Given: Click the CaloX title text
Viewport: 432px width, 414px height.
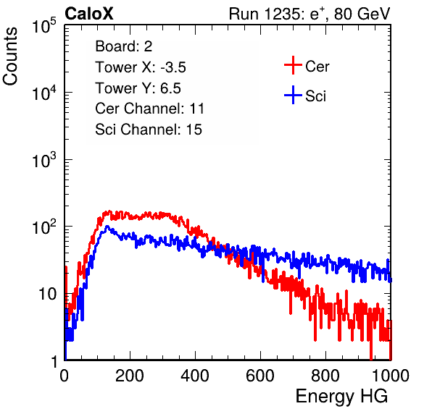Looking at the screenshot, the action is coord(89,14).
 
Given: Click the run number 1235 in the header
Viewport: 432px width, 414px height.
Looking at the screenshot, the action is coord(281,14).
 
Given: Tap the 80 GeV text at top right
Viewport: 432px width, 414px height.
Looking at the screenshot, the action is coord(362,14).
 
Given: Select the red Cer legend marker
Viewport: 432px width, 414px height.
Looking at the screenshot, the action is coord(293,65).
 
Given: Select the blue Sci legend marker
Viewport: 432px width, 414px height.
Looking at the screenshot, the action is coord(293,95).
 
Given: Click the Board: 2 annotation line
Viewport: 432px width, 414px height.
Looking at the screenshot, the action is coord(124,46).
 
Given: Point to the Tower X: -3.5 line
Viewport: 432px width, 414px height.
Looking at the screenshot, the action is coord(141,67).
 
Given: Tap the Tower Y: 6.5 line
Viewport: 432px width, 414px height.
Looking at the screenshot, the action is coord(138,88).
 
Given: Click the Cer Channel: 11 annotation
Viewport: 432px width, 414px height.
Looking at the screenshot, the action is coord(149,109).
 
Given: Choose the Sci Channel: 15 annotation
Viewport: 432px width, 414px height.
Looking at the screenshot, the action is coord(149,130).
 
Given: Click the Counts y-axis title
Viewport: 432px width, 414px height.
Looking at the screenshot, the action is coord(10,56).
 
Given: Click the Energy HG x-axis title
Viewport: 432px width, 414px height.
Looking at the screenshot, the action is coord(341,397).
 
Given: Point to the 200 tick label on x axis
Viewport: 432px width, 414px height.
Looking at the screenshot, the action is coord(130,376).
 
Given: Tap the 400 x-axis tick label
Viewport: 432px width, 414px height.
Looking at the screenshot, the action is coord(195,376).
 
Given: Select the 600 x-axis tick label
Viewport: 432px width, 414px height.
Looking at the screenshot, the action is coord(260,376).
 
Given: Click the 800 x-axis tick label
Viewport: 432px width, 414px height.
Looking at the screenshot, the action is coord(325,376).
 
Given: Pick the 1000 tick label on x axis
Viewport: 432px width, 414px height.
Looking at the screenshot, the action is coord(391,376).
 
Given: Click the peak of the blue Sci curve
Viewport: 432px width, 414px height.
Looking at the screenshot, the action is coord(107,227).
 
